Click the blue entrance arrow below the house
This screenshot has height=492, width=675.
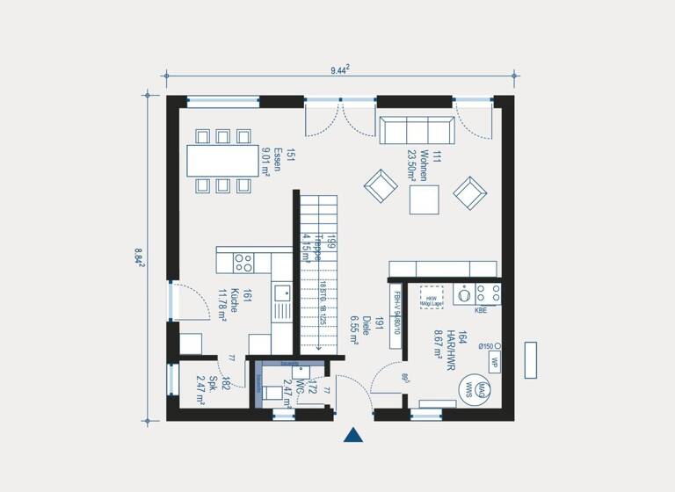click(353, 436)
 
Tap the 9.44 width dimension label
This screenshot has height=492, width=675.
click(341, 69)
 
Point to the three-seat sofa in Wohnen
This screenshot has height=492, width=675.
click(417, 130)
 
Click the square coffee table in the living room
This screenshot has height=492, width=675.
click(425, 200)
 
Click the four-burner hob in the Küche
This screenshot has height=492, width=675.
click(243, 262)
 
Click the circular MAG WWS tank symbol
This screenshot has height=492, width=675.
click(468, 387)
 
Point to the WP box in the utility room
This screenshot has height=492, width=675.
click(494, 362)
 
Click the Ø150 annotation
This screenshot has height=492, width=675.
click(487, 346)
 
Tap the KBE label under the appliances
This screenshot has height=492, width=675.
click(481, 310)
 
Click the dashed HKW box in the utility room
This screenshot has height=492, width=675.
click(432, 297)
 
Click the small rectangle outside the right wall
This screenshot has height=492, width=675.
click(530, 360)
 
